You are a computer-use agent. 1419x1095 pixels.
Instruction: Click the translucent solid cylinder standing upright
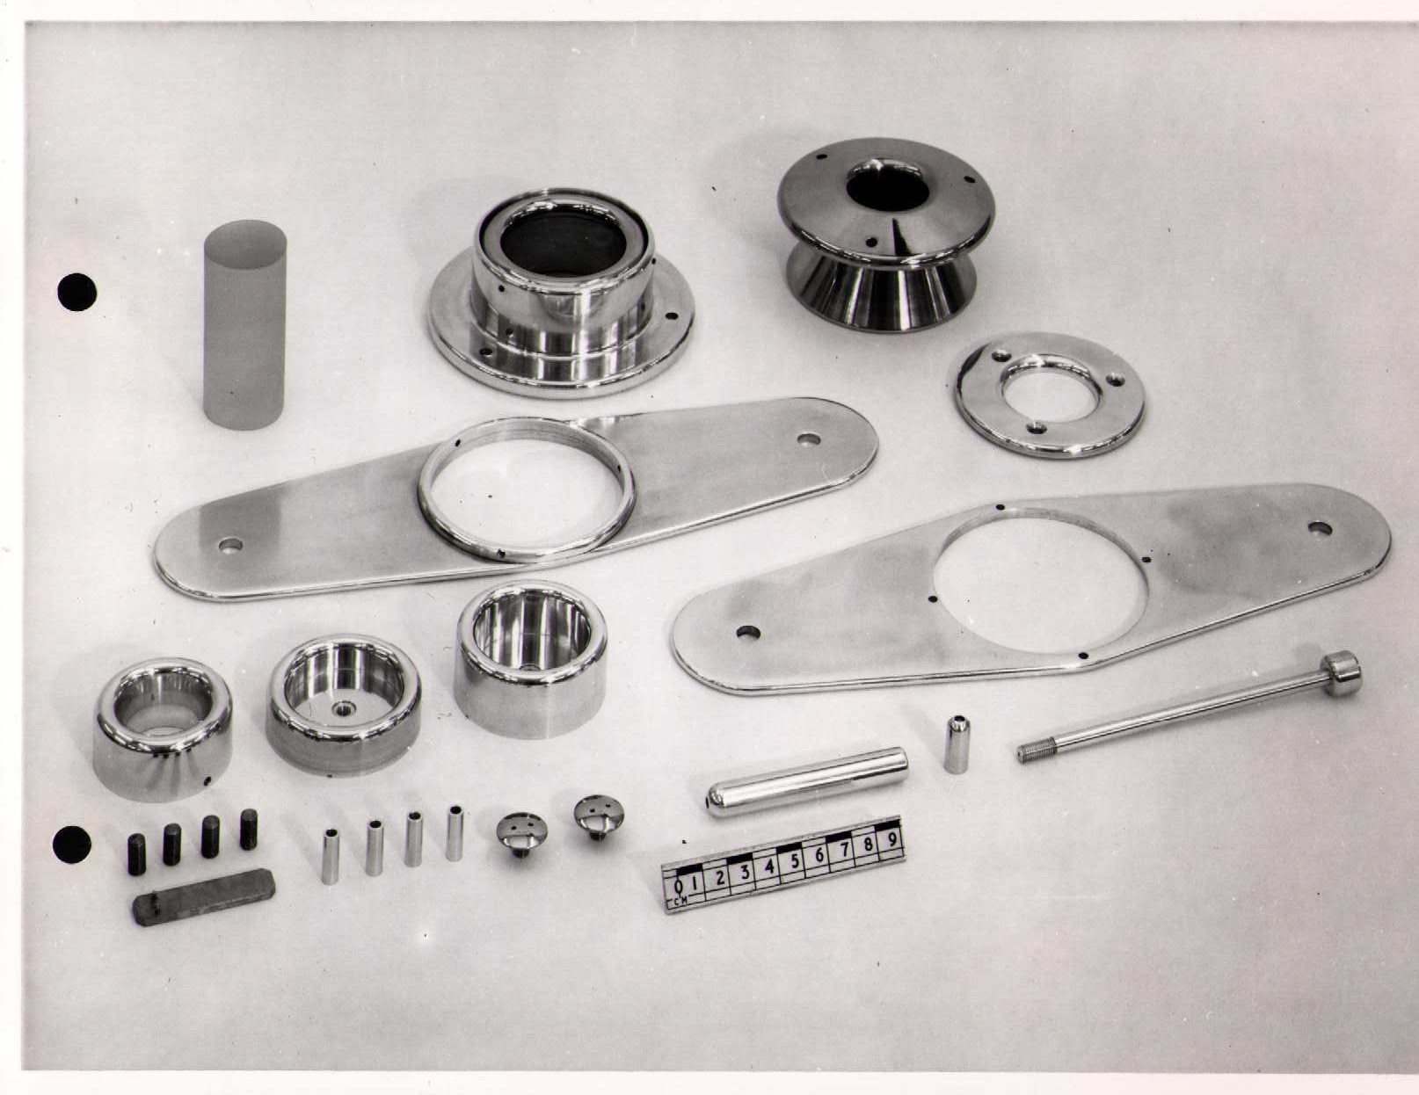pos(245,324)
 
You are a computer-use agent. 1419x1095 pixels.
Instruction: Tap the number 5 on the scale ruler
pos(794,861)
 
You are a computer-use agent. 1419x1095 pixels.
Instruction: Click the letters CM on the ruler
pos(675,903)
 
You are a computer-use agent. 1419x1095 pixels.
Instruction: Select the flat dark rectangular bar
pos(203,897)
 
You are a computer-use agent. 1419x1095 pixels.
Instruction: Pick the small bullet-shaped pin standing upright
pos(956,744)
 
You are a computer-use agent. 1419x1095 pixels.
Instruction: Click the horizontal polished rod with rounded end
pos(807,782)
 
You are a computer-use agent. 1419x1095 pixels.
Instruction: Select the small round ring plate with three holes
pos(1050,395)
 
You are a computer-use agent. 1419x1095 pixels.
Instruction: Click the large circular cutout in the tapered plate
pos(1039,585)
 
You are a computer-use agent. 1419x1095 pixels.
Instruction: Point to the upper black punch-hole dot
pos(77,292)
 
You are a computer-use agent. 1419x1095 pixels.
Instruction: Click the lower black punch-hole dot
pos(72,845)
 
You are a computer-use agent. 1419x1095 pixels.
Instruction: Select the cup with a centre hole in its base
pos(344,705)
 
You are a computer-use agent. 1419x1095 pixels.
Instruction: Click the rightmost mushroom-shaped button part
pos(599,816)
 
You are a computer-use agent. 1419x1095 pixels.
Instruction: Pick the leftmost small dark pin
pos(135,854)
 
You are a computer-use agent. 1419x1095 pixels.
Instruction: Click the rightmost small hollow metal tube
pos(455,833)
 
